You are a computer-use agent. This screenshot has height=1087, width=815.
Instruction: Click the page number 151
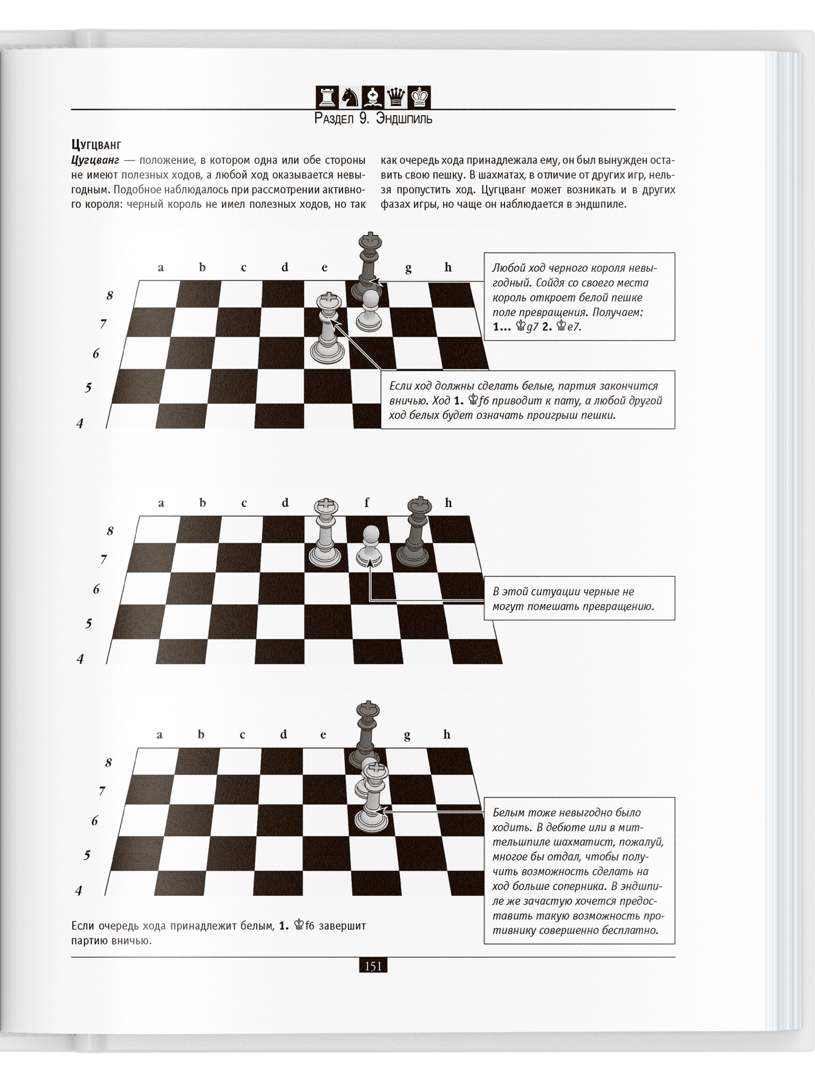click(x=373, y=966)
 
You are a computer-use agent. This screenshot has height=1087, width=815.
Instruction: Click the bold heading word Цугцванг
click(x=96, y=145)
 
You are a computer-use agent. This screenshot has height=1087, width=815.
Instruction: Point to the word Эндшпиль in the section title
click(x=404, y=119)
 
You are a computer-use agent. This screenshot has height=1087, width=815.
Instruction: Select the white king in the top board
click(x=327, y=329)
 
